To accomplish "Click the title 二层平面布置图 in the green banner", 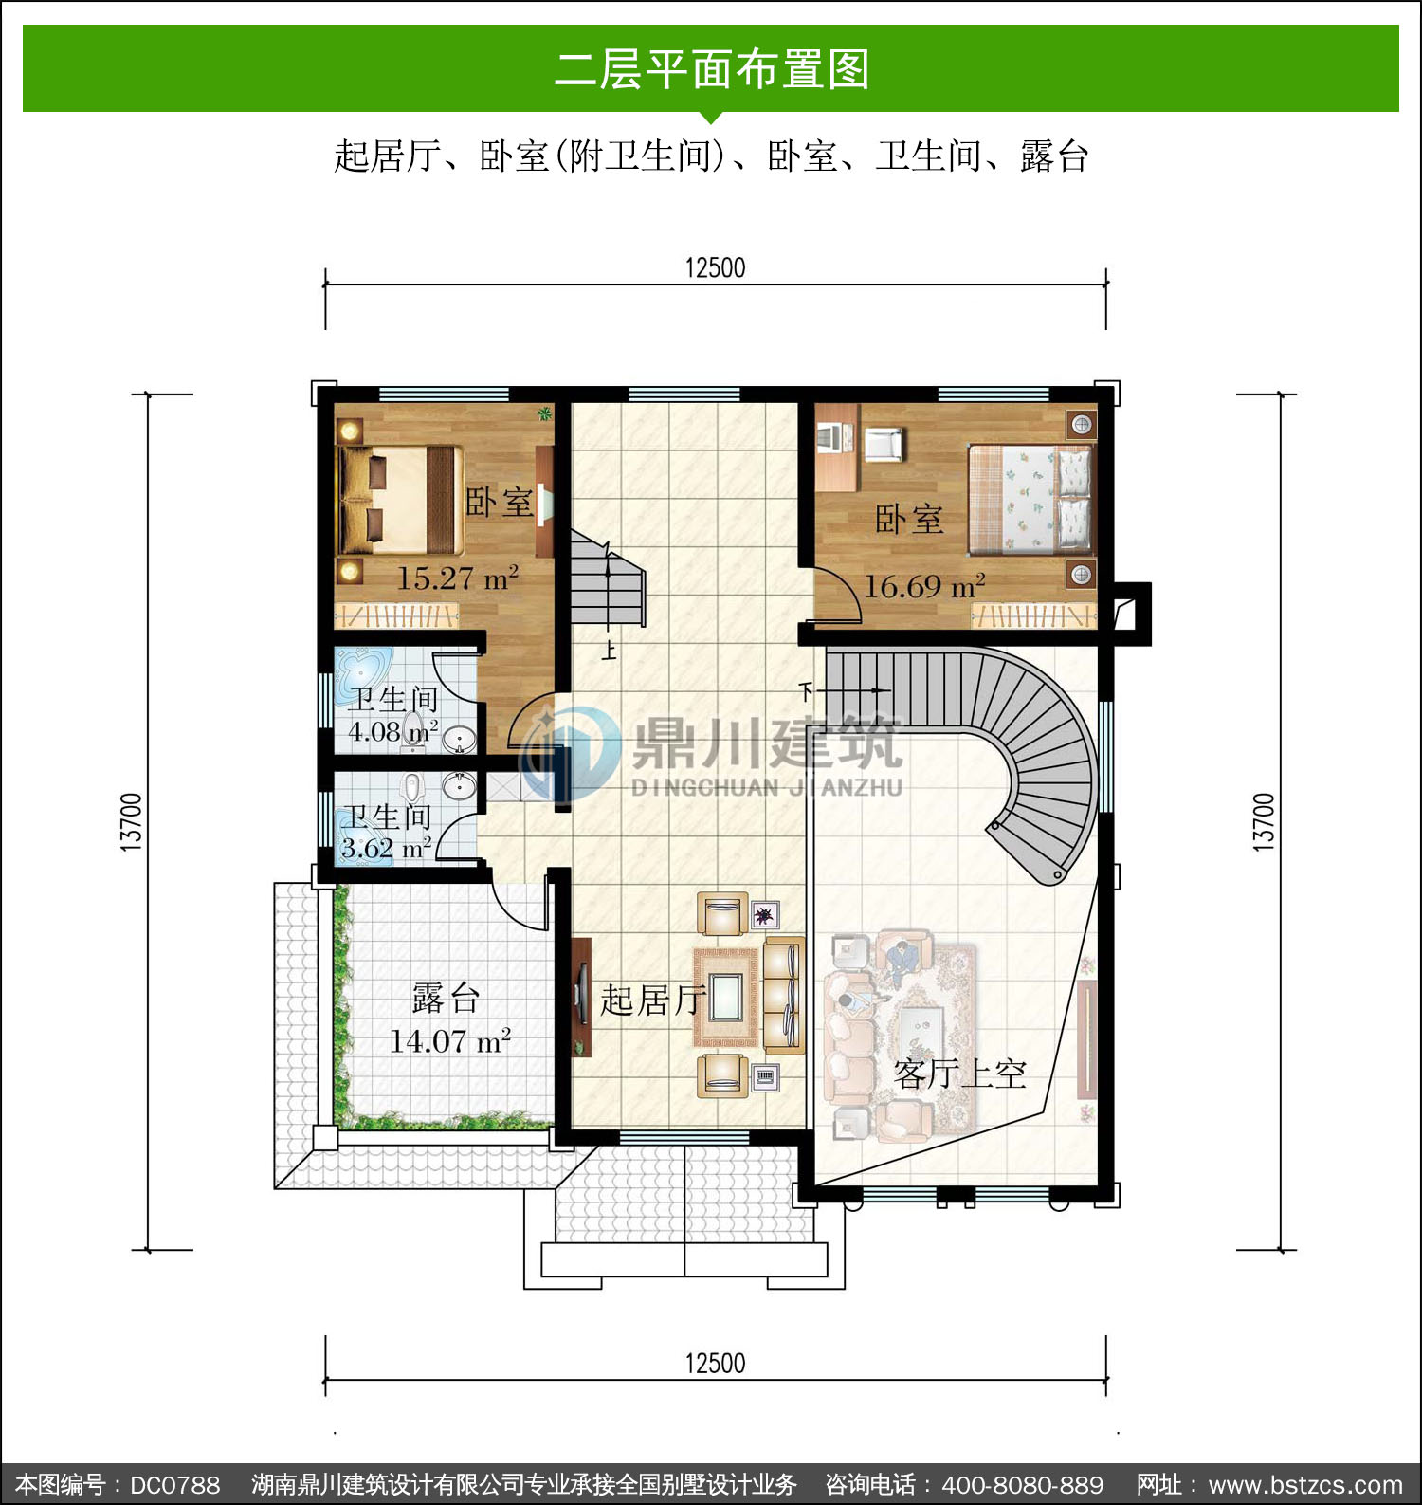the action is [x=712, y=69].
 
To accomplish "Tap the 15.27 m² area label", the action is [x=457, y=578].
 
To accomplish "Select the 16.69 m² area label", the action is [x=924, y=586].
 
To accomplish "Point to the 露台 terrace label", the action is [x=446, y=998].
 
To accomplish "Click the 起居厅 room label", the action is [x=653, y=1000].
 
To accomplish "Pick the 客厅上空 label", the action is [x=959, y=1074].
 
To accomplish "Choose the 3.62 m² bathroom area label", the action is [x=387, y=848].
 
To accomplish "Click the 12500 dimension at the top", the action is [x=716, y=267].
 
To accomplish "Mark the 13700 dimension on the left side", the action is [x=132, y=822].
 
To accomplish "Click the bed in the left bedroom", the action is [x=401, y=500].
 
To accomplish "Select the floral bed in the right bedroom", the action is [x=1030, y=498].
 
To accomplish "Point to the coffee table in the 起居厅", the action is [x=726, y=997].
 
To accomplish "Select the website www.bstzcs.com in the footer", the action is [x=1305, y=1484].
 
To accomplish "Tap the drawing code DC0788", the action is [x=174, y=1484].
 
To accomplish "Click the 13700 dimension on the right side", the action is [x=1264, y=822].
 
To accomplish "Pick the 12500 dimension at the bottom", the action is [x=716, y=1364].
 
